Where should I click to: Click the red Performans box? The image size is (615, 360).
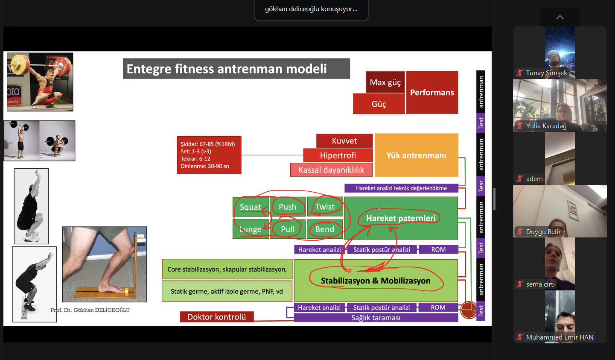[x=432, y=92]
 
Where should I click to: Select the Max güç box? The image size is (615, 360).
[x=385, y=82]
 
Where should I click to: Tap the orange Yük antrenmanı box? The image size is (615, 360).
[x=416, y=155]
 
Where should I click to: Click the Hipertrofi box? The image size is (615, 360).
[x=338, y=155]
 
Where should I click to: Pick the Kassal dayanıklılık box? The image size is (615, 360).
[x=331, y=170]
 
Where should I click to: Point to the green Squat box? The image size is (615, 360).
[x=251, y=207]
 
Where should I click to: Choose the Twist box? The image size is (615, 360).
[x=325, y=207]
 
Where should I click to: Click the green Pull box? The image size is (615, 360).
[x=288, y=229]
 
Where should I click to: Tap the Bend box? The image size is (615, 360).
[x=325, y=229]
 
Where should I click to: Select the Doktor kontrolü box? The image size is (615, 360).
[x=216, y=317]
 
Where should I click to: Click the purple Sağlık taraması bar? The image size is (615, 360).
[x=376, y=318]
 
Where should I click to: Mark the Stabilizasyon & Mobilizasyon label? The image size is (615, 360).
[x=376, y=281]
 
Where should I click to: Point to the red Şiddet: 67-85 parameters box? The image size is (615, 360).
[x=209, y=155]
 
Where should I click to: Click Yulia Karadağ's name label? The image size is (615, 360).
[x=546, y=126]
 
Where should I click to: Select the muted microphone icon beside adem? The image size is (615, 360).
[x=520, y=179]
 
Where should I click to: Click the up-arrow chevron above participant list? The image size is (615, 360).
[x=560, y=18]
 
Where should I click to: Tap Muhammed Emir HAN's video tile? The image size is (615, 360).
[x=560, y=316]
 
